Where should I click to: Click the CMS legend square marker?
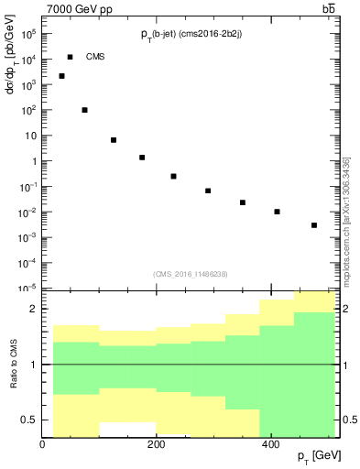[70, 57]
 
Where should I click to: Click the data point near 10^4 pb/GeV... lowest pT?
[61, 76]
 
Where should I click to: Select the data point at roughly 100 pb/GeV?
[84, 110]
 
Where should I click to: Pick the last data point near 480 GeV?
[314, 225]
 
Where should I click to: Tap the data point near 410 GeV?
[277, 212]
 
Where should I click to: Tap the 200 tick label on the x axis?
[157, 444]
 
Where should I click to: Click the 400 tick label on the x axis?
[270, 444]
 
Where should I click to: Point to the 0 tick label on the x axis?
[43, 444]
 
